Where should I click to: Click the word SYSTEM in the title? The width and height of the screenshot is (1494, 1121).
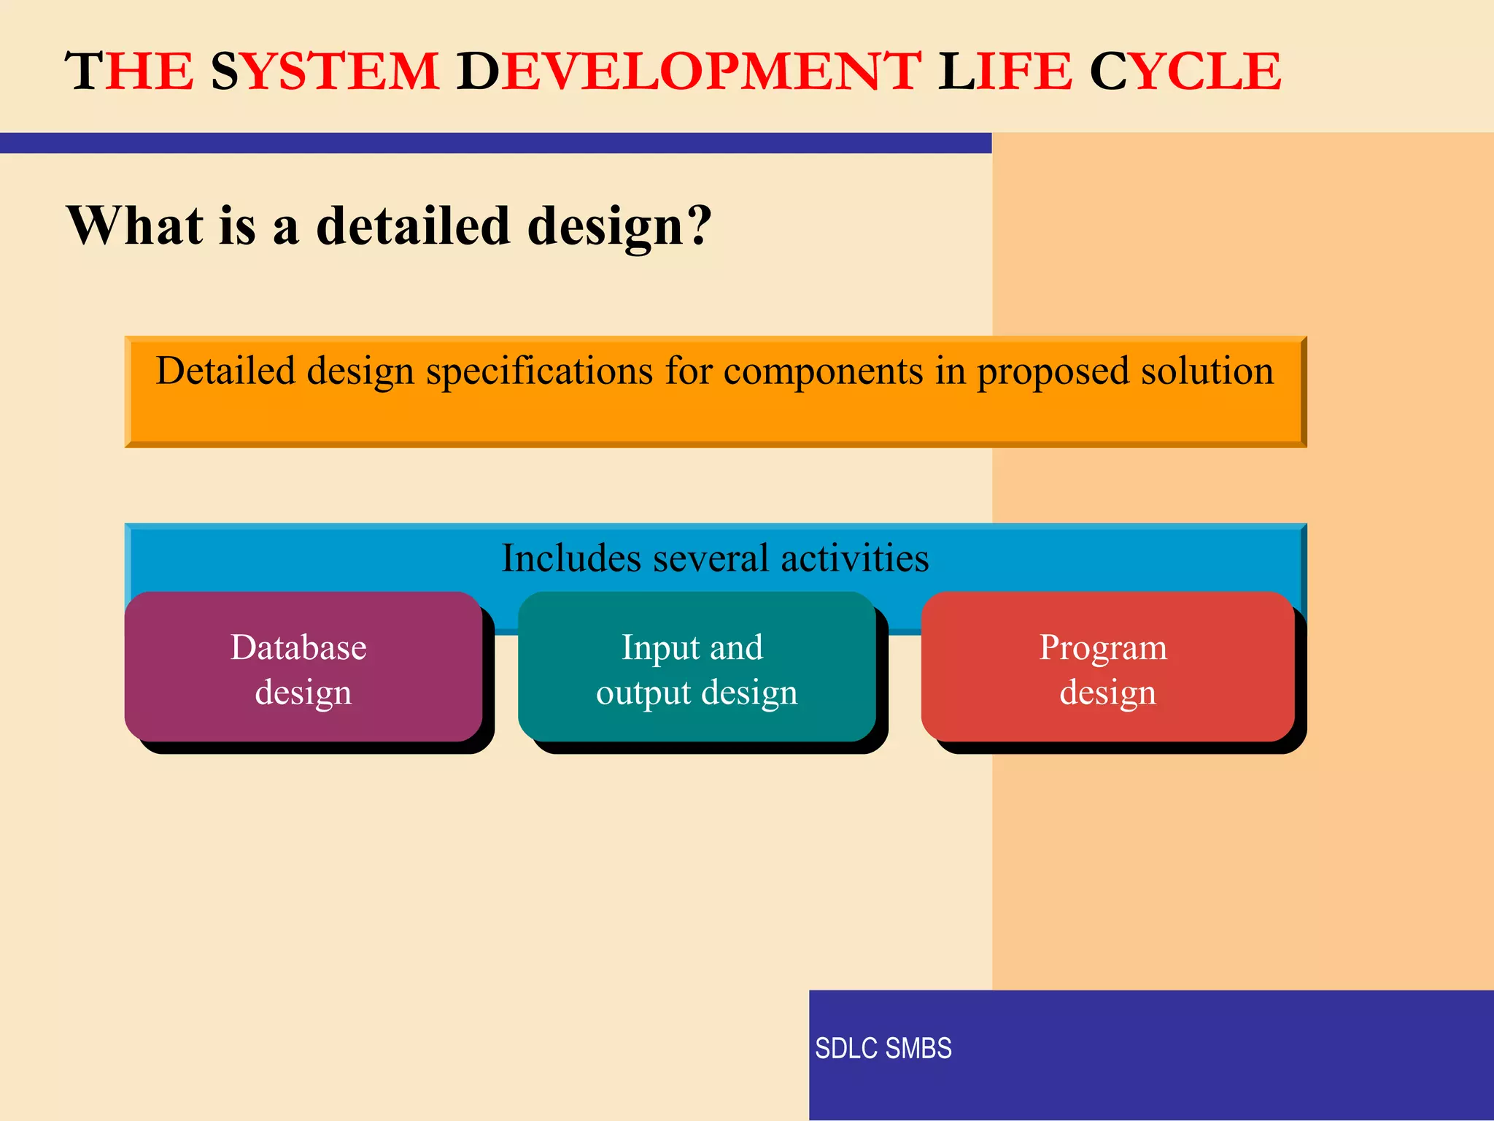[x=325, y=72]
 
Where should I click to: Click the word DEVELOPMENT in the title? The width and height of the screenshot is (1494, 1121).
[x=689, y=72]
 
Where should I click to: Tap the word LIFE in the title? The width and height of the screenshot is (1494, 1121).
[x=1005, y=72]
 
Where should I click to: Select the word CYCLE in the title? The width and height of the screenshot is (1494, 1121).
[x=1185, y=72]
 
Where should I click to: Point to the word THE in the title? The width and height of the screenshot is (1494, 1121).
[x=130, y=72]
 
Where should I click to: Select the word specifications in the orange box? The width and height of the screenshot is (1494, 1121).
[x=540, y=372]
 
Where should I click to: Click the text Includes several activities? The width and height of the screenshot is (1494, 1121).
[x=715, y=558]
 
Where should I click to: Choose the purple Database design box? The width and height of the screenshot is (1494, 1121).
[x=303, y=668]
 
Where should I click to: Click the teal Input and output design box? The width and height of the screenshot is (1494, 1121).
[x=697, y=668]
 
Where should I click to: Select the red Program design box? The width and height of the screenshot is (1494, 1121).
[x=1107, y=668]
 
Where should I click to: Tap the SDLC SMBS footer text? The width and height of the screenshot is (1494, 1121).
[x=883, y=1048]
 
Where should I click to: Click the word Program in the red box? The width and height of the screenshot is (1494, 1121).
[x=1103, y=648]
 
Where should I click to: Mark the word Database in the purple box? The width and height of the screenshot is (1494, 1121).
[x=298, y=647]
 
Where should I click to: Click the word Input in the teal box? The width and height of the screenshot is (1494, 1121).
[x=651, y=648]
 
